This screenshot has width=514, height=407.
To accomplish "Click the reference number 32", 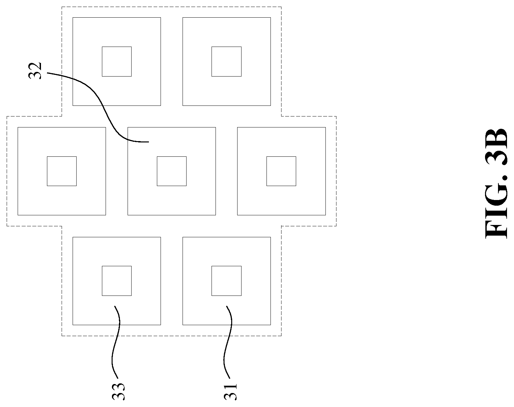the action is (x=35, y=71).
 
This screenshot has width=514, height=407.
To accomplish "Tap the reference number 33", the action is (x=118, y=391).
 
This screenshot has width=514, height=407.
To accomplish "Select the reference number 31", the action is (x=230, y=391).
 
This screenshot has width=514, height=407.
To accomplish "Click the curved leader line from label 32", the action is (x=103, y=105).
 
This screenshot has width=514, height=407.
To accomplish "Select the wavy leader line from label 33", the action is (x=116, y=342).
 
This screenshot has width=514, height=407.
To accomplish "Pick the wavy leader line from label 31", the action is (x=228, y=342).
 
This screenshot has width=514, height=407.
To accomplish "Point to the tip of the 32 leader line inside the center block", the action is (x=149, y=142).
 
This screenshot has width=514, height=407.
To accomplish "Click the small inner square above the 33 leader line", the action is (x=117, y=281).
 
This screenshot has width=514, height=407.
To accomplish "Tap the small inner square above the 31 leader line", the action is (x=227, y=281).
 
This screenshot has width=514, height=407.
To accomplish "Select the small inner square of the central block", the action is (x=172, y=171).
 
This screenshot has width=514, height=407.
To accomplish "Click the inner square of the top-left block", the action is (x=117, y=62).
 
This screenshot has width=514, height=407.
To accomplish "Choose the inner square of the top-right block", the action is (x=227, y=62).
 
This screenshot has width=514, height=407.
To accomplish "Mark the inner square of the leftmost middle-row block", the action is (x=62, y=171).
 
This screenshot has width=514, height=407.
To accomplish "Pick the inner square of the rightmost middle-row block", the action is (x=281, y=171).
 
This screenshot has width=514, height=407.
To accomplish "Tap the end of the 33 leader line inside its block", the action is (x=115, y=306).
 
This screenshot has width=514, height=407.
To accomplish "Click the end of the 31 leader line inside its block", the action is (x=227, y=306).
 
